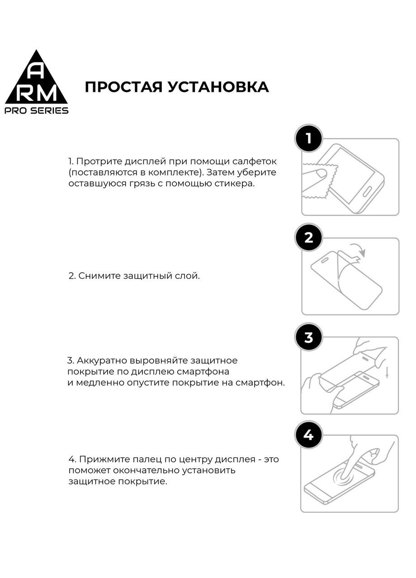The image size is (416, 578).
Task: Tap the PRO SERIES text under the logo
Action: [x=37, y=111]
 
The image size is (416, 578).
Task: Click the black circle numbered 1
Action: [x=309, y=138]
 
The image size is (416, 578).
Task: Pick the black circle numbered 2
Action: [x=309, y=238]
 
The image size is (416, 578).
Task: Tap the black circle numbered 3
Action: [x=309, y=337]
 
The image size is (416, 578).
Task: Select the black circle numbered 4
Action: [x=308, y=435]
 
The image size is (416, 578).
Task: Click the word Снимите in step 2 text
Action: [x=99, y=275]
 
